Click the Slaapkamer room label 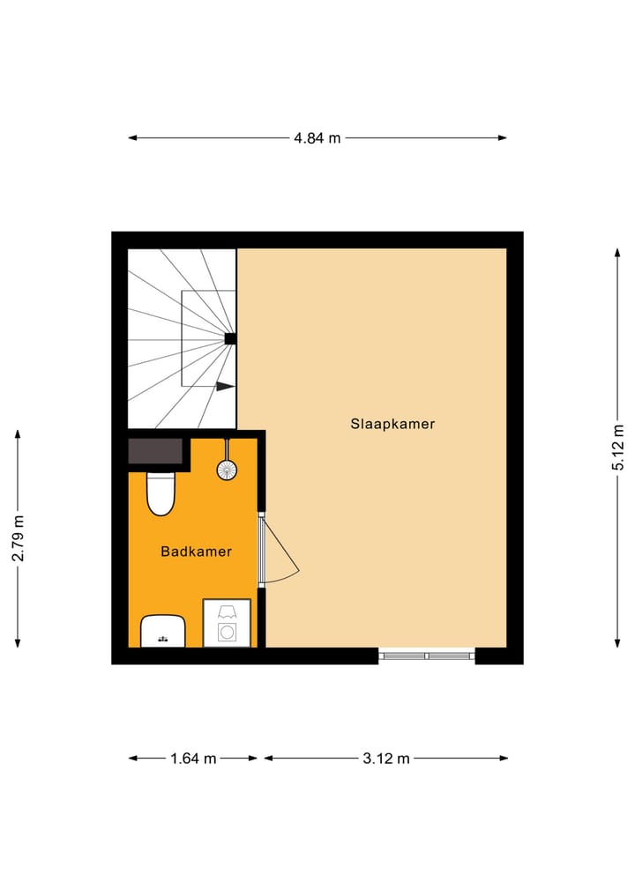point(392,424)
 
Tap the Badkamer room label point(196,552)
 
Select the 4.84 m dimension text point(317,137)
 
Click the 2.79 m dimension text point(18,539)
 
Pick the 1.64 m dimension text point(193,758)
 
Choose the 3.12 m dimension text point(386,758)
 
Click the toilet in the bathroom point(161,492)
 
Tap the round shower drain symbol point(228,470)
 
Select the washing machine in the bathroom point(227,624)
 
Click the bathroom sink point(162,631)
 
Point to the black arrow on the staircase point(225,386)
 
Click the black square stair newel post point(230,338)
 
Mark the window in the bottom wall point(427,655)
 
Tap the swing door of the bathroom point(280,551)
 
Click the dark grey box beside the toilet point(156,451)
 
